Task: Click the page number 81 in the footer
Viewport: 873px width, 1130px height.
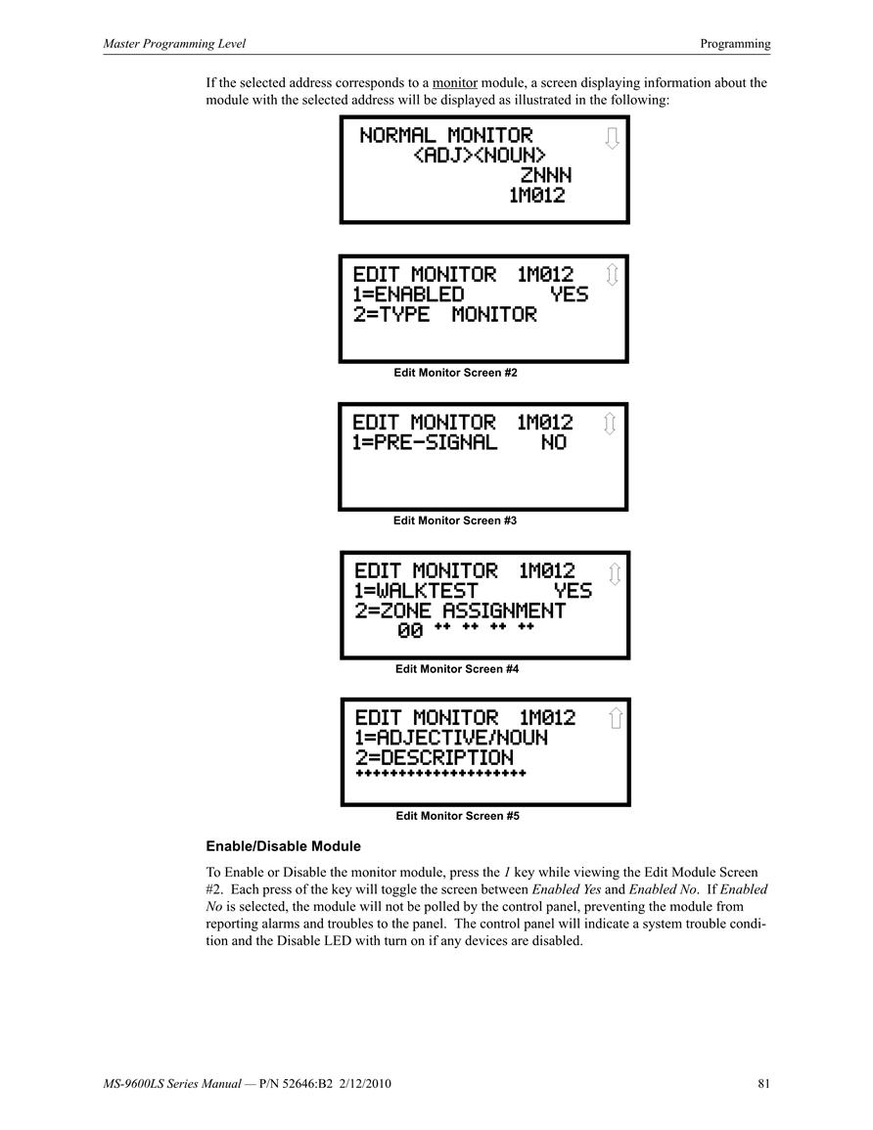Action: tap(763, 1083)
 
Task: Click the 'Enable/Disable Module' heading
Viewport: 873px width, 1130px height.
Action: tap(283, 846)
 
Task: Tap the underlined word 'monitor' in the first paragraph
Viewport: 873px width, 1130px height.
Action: tap(455, 83)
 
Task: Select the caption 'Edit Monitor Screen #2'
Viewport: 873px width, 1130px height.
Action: tap(456, 373)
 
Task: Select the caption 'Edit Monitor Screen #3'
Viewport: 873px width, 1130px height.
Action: tap(455, 520)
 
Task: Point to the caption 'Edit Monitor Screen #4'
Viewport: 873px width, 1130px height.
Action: tap(457, 669)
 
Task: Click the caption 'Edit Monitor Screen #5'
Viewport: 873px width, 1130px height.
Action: tap(458, 816)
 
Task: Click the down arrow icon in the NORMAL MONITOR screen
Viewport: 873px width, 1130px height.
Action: tap(612, 138)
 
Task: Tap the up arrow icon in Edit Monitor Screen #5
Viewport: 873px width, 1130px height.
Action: tap(616, 718)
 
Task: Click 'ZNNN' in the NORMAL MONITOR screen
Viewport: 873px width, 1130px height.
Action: tap(546, 175)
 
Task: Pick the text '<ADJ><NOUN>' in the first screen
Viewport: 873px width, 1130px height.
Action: tap(480, 155)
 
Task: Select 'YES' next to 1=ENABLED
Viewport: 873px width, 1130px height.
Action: tap(570, 294)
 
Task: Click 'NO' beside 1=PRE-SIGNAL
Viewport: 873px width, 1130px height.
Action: tap(554, 442)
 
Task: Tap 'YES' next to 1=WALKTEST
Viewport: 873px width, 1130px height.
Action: tap(573, 591)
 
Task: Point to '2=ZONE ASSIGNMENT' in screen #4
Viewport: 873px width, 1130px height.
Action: tap(460, 611)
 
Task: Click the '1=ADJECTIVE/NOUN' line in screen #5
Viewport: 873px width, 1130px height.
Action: tap(451, 738)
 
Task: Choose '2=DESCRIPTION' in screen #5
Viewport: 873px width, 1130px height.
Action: tap(434, 758)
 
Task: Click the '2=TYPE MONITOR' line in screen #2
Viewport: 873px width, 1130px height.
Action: tap(444, 314)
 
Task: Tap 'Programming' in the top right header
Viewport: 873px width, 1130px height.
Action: tap(735, 44)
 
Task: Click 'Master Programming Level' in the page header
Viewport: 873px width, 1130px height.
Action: tap(174, 44)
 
